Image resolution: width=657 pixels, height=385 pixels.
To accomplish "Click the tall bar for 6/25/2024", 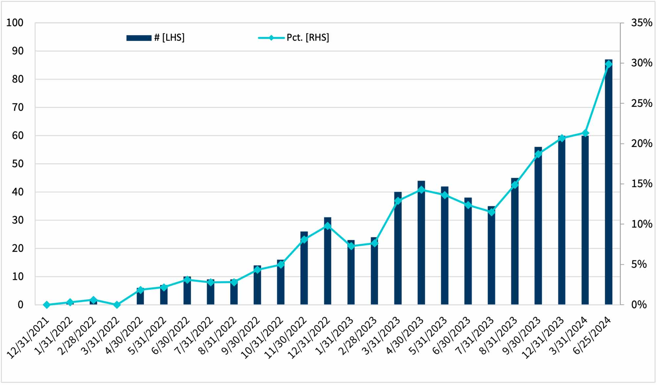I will click(x=608, y=184).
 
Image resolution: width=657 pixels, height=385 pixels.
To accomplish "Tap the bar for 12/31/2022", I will click(x=328, y=263).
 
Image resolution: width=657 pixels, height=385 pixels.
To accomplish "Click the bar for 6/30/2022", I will click(x=187, y=291).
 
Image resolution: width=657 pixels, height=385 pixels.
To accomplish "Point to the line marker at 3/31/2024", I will click(x=585, y=133).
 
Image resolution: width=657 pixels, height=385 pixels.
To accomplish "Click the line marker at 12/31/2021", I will click(x=47, y=305).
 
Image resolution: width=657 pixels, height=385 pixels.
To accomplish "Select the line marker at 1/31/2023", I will click(x=351, y=246).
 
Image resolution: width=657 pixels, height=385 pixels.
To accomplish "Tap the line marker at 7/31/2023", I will click(x=491, y=212).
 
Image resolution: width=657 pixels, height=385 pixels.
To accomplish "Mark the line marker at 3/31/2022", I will click(x=117, y=305).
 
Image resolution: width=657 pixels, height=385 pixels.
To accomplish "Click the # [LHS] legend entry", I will click(x=156, y=38).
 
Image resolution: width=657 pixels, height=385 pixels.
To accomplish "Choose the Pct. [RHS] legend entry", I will click(x=294, y=38).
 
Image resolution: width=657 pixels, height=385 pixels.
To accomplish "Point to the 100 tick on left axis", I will click(x=15, y=23).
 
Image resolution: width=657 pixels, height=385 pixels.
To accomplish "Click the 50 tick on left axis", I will click(x=18, y=164).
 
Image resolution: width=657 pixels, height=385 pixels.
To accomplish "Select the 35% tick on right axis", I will click(x=641, y=23).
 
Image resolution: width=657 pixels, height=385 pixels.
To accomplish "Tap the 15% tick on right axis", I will click(x=641, y=184).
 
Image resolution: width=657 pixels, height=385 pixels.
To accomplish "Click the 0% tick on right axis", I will click(x=639, y=305).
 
